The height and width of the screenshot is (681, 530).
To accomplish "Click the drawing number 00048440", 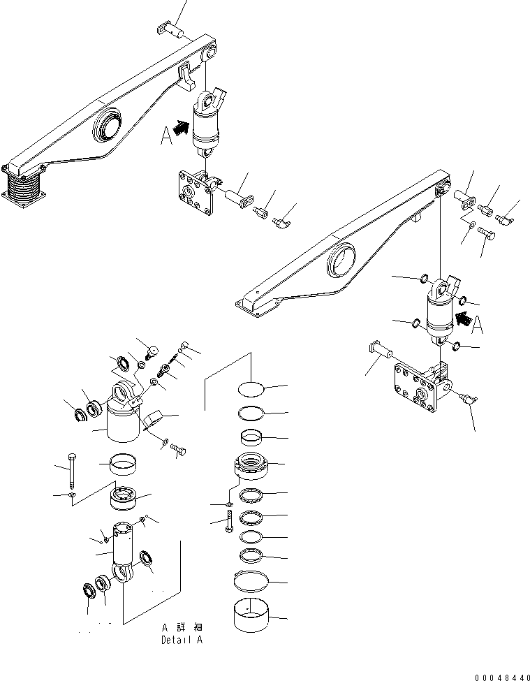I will click(500, 677).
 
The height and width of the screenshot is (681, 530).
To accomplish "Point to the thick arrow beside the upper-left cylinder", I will click(180, 128).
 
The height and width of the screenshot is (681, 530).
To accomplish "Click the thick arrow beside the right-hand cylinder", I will click(463, 321).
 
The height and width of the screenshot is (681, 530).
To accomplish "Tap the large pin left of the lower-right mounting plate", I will click(381, 350).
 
